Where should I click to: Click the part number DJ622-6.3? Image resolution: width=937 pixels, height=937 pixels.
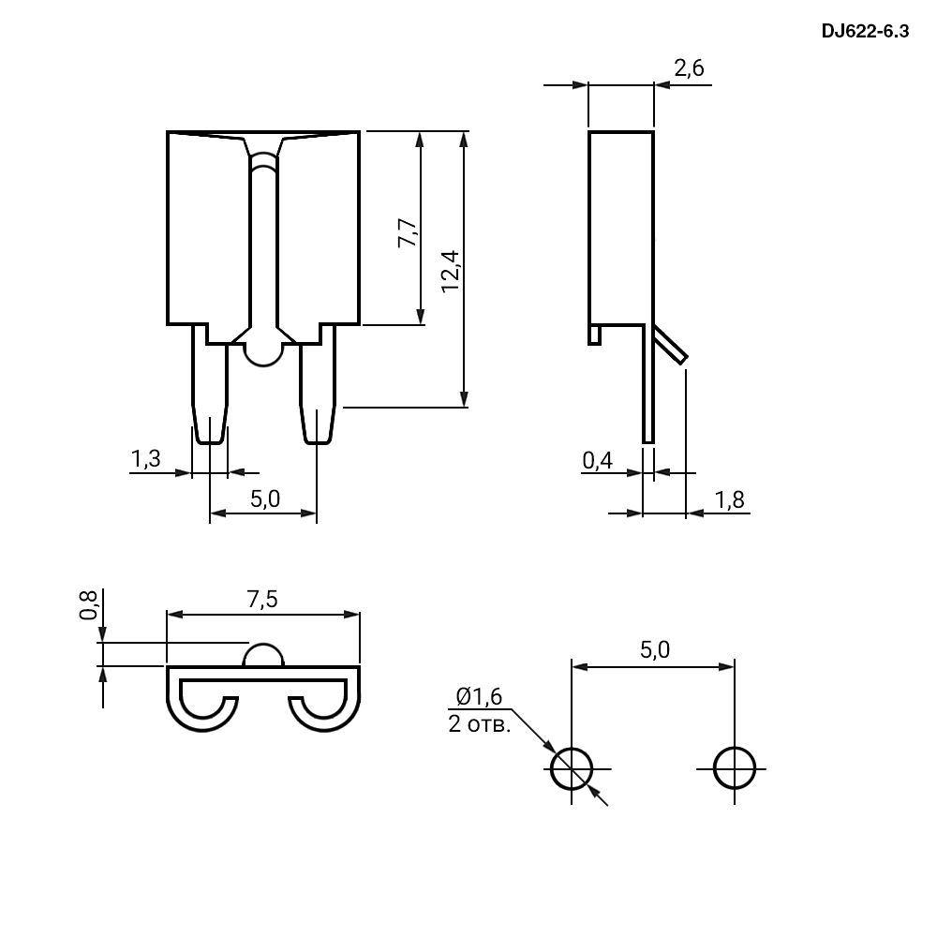click(865, 31)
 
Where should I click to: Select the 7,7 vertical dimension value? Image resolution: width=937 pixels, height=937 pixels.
click(408, 232)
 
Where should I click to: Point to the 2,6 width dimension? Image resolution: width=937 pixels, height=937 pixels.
click(689, 68)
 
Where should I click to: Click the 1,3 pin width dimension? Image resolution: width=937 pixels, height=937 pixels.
click(146, 459)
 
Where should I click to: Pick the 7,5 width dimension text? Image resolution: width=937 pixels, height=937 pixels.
click(263, 599)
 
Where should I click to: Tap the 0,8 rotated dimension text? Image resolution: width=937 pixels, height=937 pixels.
click(88, 604)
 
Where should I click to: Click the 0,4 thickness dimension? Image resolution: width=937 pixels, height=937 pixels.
click(598, 460)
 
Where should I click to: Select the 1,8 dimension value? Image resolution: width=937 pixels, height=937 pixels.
click(729, 499)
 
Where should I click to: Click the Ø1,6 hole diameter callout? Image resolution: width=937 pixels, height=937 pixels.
click(479, 696)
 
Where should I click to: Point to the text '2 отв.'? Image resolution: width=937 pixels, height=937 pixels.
click(479, 724)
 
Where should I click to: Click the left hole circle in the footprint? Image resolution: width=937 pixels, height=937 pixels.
click(572, 748)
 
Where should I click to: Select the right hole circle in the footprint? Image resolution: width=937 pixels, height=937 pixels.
click(735, 748)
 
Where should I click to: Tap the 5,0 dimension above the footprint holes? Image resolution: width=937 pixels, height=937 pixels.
click(655, 649)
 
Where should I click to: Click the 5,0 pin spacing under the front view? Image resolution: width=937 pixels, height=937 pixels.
click(265, 499)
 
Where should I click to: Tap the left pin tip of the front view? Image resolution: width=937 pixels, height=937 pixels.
click(210, 443)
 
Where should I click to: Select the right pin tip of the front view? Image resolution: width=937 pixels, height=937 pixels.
click(318, 443)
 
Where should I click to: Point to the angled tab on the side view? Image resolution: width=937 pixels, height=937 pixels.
click(670, 344)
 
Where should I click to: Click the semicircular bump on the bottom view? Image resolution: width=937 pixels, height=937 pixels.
click(263, 645)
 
